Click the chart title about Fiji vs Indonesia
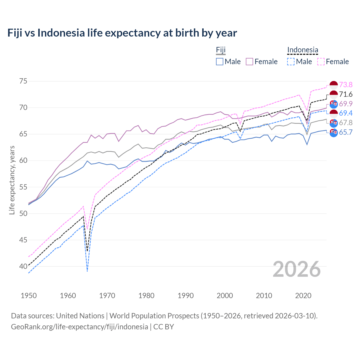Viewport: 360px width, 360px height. (x=122, y=33)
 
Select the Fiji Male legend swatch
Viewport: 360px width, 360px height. (x=220, y=62)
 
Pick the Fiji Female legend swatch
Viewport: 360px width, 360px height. (x=249, y=62)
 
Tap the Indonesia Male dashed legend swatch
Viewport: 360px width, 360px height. (x=291, y=62)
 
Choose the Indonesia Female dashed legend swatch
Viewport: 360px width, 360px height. (x=321, y=62)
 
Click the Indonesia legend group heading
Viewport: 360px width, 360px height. (x=303, y=50)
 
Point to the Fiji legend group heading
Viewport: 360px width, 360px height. (x=221, y=50)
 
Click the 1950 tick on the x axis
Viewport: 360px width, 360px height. (x=29, y=296)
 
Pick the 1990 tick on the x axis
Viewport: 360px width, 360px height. (x=186, y=296)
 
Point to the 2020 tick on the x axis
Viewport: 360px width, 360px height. (x=303, y=296)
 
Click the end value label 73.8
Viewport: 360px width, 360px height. (x=346, y=85)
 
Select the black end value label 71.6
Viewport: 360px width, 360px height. (x=346, y=94)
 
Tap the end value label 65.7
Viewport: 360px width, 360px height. (x=346, y=132)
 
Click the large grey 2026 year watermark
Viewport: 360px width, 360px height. (x=297, y=269)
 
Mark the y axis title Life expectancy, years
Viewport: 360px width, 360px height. (x=12, y=180)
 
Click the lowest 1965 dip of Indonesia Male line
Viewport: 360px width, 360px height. (x=87, y=271)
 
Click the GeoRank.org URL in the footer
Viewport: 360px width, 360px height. (x=80, y=327)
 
